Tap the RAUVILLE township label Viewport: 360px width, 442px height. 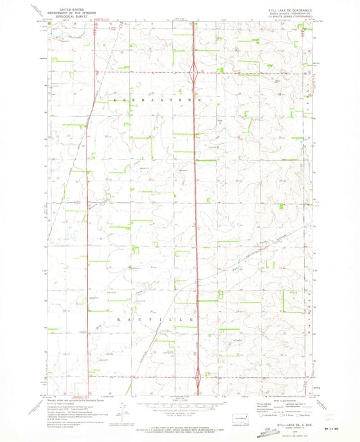point(156,318)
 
